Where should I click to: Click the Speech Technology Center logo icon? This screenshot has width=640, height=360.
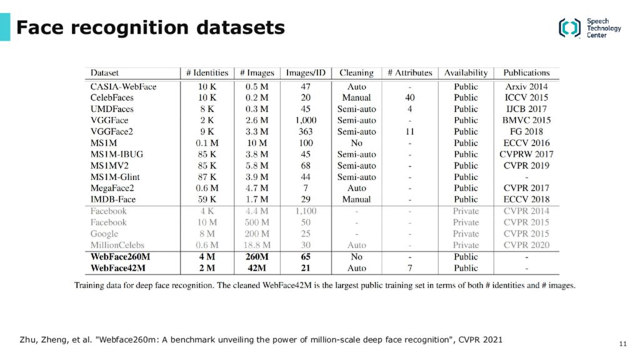point(570,28)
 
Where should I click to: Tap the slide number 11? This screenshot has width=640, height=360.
point(622,344)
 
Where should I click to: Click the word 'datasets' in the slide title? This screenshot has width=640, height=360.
point(241,27)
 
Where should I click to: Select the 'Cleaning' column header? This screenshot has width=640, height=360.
point(356,72)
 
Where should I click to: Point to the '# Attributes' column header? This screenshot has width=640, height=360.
point(410,72)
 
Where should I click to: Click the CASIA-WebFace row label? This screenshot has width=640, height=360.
point(123,86)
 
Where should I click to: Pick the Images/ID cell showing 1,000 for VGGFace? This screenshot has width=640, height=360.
point(306,121)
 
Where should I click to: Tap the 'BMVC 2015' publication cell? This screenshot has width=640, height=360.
point(526,121)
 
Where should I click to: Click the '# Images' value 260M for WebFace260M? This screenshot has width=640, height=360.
point(257,257)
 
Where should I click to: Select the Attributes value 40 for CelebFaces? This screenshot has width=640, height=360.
point(410,97)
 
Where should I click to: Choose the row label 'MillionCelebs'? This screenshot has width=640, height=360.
point(117,245)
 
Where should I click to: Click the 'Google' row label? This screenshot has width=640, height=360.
point(104,234)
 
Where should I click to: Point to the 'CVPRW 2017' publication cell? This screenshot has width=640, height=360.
point(526,154)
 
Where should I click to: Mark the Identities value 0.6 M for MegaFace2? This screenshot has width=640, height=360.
point(207,188)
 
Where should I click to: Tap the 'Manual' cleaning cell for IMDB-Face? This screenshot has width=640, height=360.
point(356,199)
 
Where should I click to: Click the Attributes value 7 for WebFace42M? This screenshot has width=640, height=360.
point(410,268)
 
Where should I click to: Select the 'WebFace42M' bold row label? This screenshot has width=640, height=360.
point(117,268)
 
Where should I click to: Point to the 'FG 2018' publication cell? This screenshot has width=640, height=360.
point(526,132)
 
